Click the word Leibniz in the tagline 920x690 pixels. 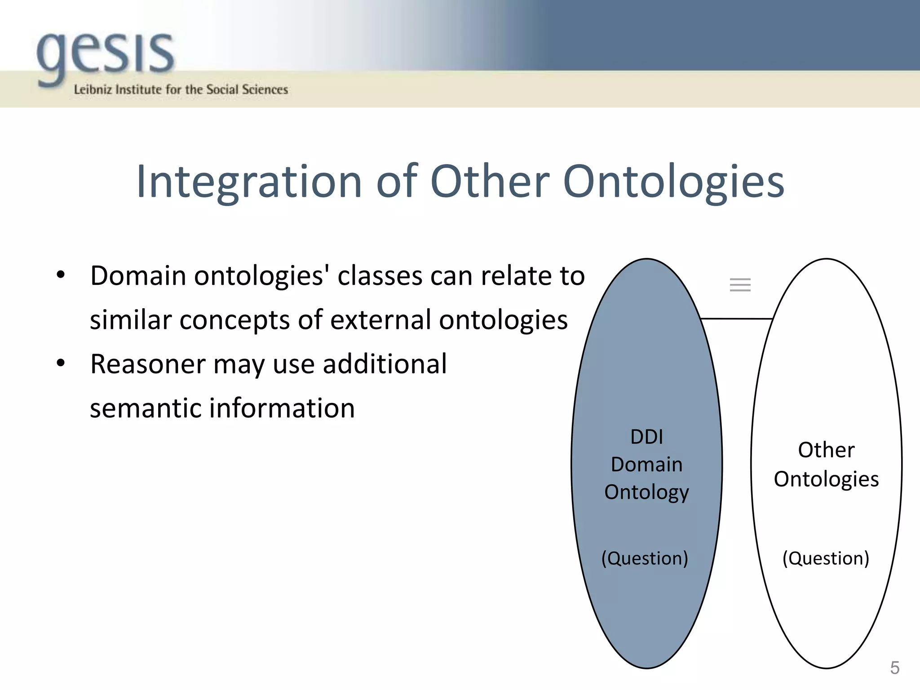(x=92, y=89)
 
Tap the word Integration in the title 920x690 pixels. (x=249, y=181)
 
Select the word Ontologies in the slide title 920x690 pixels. (x=673, y=181)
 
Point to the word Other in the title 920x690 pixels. (x=490, y=181)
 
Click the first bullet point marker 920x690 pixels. (x=61, y=274)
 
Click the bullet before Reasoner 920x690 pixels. (x=61, y=363)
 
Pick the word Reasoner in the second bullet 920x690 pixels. (x=148, y=364)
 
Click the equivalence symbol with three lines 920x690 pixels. (x=740, y=285)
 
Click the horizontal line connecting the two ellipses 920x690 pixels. (x=736, y=318)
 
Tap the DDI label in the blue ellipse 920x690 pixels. (x=646, y=437)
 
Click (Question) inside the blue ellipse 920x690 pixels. (x=645, y=558)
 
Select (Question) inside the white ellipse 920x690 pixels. (x=826, y=558)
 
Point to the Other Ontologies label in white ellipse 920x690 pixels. (x=826, y=464)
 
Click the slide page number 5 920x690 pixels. (x=894, y=668)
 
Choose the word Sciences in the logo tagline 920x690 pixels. (x=265, y=89)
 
